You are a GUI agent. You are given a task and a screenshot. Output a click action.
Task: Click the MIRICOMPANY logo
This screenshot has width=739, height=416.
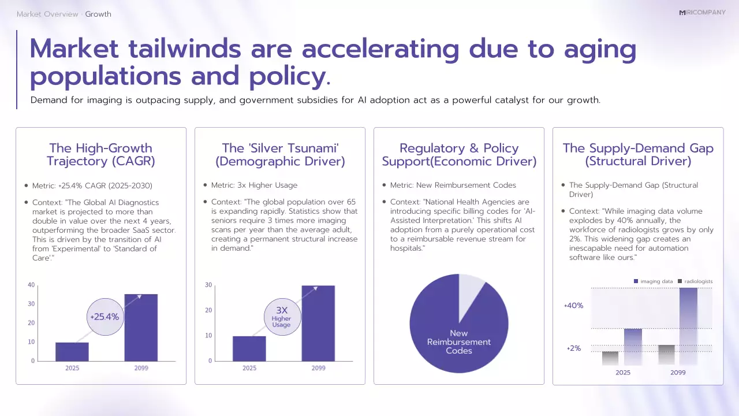702,12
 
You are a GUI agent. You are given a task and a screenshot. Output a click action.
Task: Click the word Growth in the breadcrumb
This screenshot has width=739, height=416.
98,14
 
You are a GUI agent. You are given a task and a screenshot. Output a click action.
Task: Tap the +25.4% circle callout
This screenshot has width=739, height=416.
104,317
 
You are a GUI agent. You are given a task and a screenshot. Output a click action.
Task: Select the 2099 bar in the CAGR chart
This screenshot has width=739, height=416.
141,328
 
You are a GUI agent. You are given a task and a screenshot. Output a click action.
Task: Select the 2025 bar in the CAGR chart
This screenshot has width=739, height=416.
72,351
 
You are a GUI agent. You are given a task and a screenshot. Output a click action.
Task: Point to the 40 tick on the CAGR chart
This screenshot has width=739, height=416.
31,285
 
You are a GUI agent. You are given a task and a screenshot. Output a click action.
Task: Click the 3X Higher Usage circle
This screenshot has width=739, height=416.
281,317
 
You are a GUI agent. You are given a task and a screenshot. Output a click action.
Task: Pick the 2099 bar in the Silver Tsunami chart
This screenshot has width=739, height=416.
318,323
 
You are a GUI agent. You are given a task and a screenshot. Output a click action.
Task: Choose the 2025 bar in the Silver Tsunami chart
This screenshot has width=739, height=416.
249,348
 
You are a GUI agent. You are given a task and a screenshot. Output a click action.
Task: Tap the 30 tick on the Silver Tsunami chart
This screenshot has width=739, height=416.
208,285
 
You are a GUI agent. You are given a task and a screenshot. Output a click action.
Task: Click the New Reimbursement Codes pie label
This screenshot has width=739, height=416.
458,342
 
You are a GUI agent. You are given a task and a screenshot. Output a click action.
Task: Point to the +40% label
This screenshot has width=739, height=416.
573,305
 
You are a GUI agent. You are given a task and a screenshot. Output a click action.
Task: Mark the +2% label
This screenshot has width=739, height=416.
573,348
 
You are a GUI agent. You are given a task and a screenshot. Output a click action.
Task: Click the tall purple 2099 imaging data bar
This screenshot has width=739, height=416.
688,326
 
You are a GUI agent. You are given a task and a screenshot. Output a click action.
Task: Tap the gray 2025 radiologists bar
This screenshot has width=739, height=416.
610,358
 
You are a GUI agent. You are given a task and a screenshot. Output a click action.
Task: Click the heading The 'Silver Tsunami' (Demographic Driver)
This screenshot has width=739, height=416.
280,155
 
